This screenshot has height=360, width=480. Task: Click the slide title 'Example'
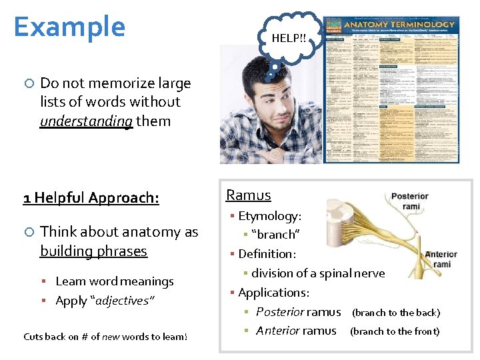pos(69,27)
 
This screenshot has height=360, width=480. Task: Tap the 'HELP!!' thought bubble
pos(289,38)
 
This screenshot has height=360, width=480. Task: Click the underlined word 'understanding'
pos(86,121)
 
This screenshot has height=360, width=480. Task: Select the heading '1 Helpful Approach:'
pos(91,197)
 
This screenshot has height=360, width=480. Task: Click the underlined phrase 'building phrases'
pos(93,251)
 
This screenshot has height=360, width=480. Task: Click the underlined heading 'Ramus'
pos(249,195)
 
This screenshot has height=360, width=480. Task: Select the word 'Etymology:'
pos(269,216)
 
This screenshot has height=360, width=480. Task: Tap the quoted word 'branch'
pos(275,235)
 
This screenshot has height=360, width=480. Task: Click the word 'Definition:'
pos(267,254)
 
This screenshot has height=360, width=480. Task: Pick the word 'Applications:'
pos(273,293)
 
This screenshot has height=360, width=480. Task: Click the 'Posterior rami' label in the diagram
pos(409,201)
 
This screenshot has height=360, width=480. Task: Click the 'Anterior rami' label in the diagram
pos(441,259)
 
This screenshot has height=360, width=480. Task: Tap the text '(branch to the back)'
pos(396,313)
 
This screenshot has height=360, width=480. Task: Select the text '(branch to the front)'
pos(395,331)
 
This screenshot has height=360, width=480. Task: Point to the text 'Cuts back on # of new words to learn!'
pos(105,337)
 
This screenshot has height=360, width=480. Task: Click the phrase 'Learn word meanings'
pos(114,281)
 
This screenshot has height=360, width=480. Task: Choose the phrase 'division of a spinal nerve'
pos(318,273)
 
